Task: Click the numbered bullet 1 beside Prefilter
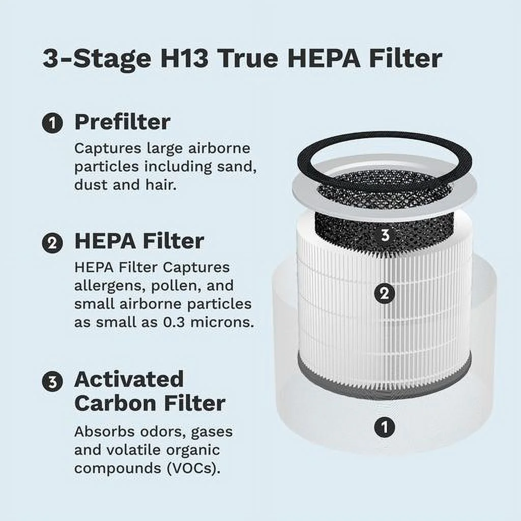52,124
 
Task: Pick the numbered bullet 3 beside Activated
52,382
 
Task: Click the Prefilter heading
122,123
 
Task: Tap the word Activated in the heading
129,380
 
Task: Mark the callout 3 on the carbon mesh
385,235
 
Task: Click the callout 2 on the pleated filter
385,294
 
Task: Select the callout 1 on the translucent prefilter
385,426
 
